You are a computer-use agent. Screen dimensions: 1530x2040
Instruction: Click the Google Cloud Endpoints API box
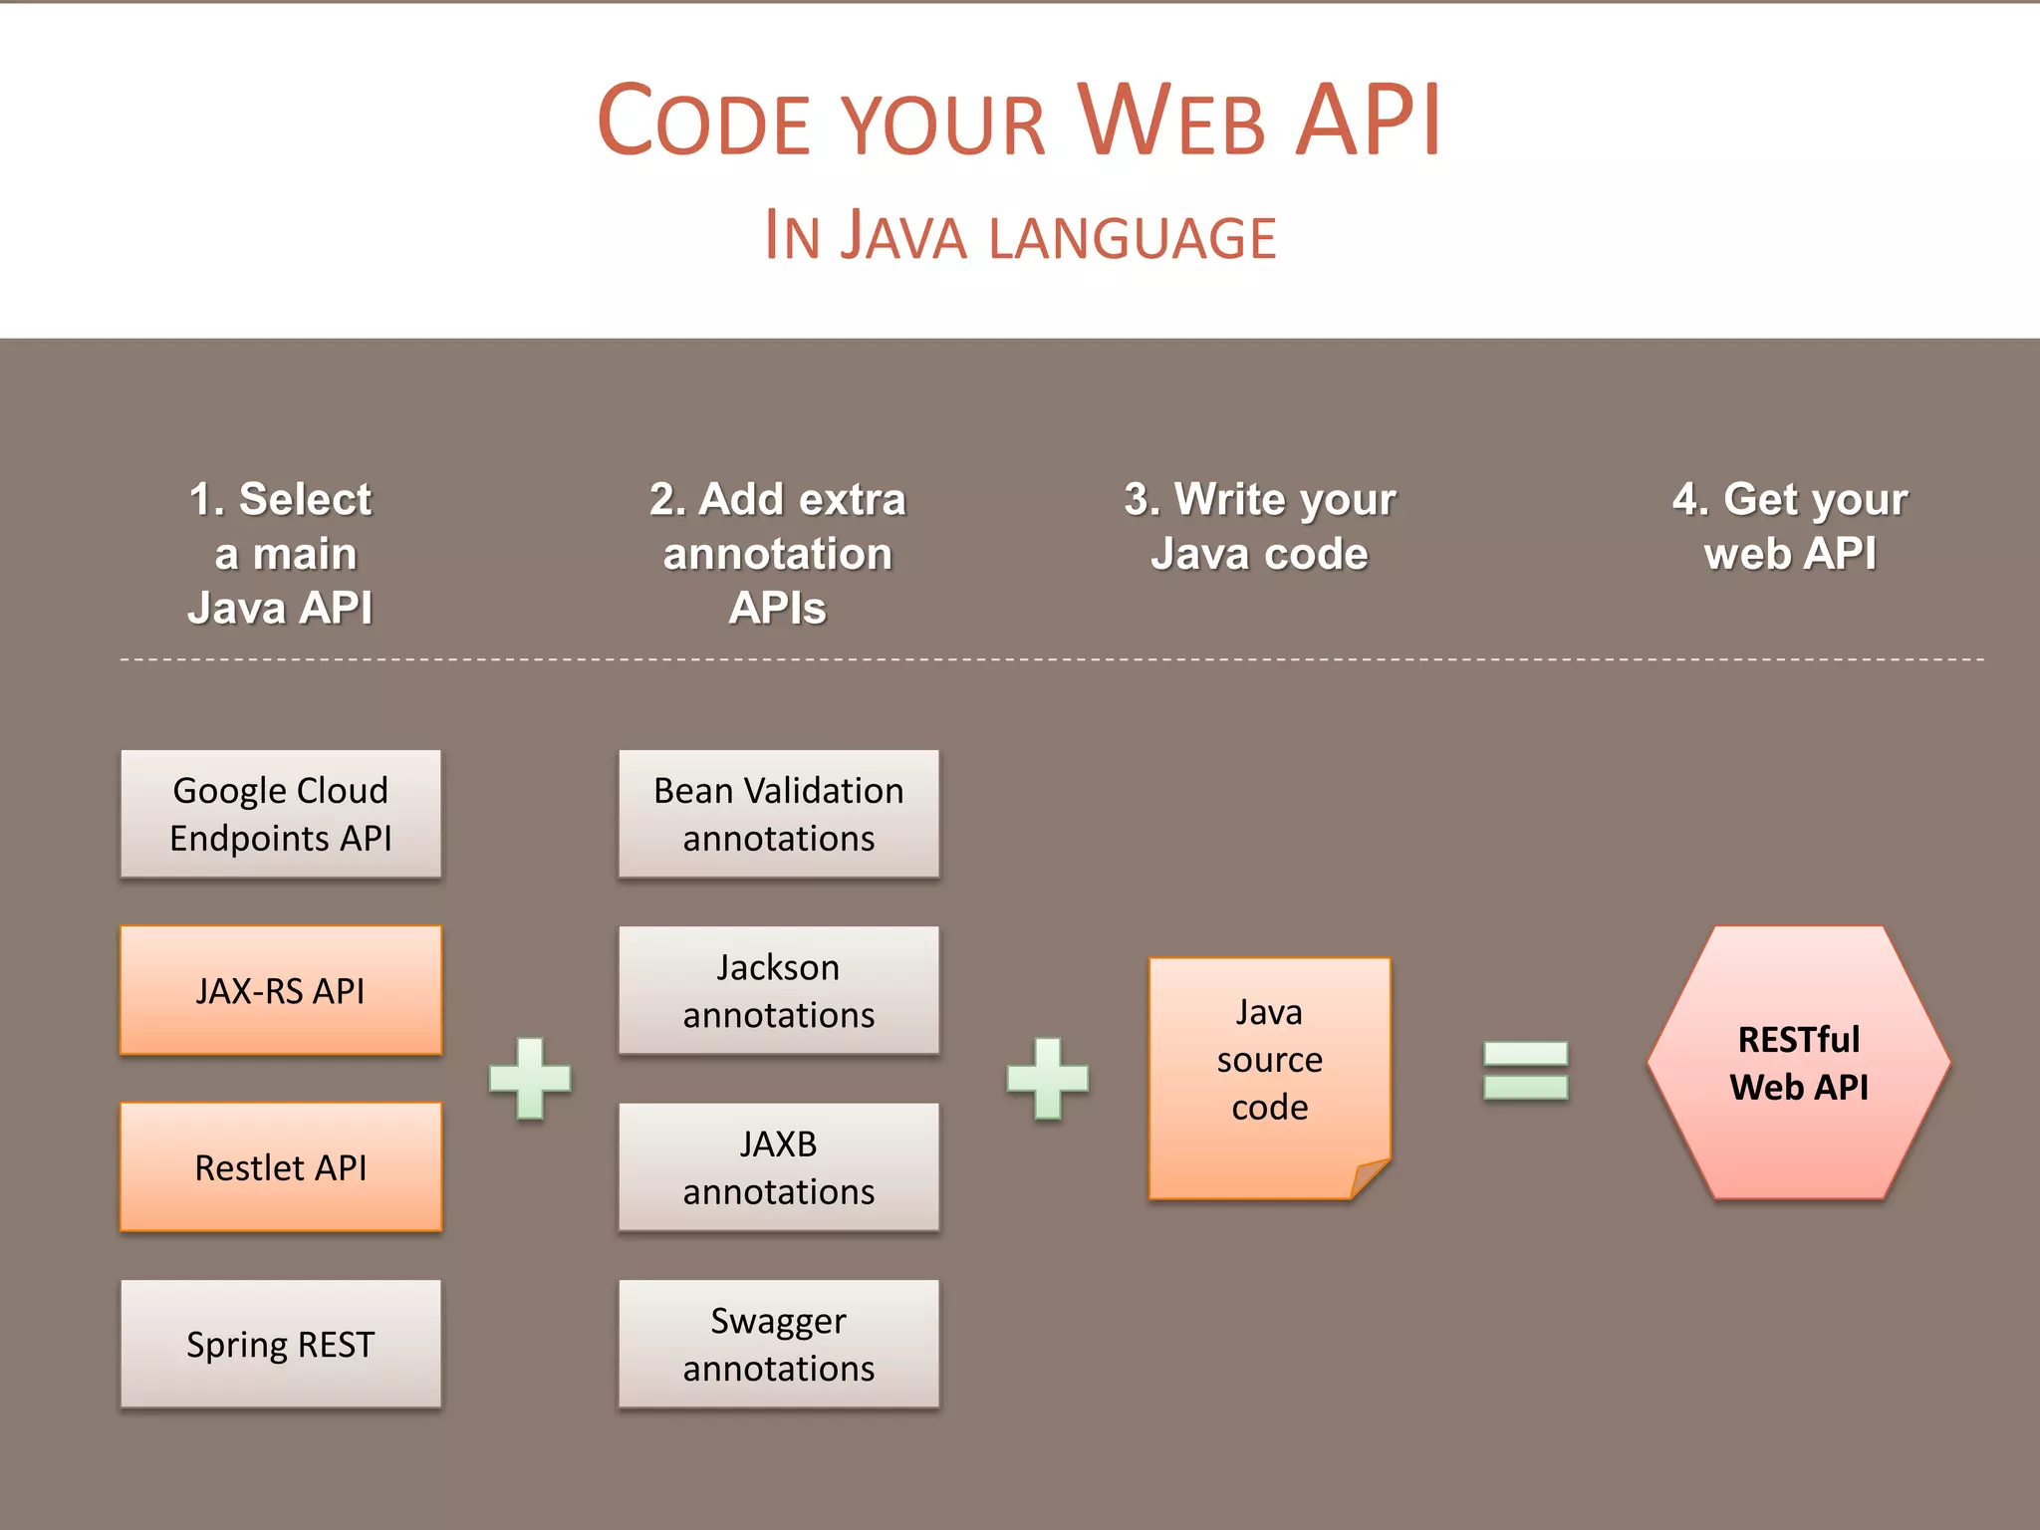(281, 814)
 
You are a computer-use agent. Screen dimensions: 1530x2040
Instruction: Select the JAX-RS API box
(281, 990)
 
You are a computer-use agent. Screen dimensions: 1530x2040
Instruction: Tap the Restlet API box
(281, 1166)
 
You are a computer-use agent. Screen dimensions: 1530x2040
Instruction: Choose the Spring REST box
(281, 1344)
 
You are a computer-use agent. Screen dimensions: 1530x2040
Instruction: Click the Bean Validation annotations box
(778, 814)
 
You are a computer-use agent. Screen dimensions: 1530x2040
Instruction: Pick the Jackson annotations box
(778, 990)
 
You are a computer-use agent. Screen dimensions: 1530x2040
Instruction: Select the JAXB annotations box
(778, 1166)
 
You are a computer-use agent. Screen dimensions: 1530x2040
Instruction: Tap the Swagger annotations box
(778, 1344)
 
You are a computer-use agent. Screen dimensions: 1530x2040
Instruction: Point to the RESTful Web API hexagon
(1798, 1063)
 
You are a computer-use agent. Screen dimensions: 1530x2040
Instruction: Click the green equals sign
(1525, 1070)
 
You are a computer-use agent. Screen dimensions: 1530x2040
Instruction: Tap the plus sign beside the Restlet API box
(530, 1078)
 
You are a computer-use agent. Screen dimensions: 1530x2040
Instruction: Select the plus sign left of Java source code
(1047, 1078)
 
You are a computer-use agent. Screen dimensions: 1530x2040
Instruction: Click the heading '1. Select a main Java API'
(281, 553)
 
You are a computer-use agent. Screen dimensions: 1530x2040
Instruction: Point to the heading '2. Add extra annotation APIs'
(778, 553)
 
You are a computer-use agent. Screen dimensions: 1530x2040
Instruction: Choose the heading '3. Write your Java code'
(1260, 526)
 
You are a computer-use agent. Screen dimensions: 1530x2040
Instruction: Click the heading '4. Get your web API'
(1790, 526)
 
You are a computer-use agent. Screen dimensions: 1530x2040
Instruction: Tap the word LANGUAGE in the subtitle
(1133, 238)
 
